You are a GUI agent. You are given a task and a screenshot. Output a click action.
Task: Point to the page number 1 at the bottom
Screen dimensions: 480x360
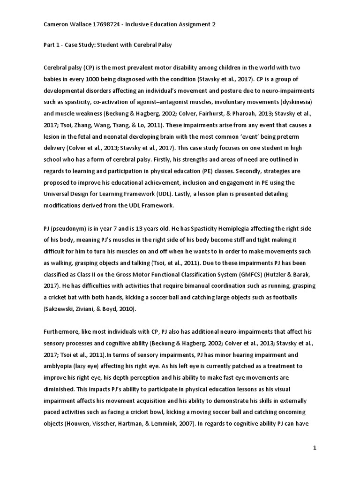click(315, 448)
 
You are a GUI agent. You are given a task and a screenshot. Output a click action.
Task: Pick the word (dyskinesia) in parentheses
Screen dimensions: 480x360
click(296, 102)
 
